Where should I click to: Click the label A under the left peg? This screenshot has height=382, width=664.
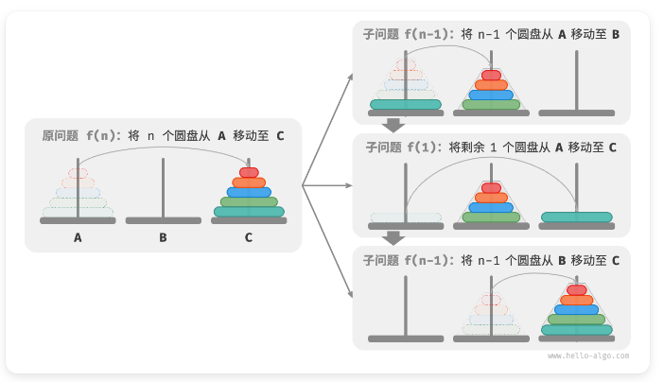[78, 238]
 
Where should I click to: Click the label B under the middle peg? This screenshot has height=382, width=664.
[163, 238]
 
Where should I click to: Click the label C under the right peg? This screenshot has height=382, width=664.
[249, 238]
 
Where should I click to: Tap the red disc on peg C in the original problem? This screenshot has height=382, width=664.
[249, 173]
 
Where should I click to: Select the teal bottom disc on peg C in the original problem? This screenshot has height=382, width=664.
[249, 212]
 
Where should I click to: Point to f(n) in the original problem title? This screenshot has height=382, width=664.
[103, 135]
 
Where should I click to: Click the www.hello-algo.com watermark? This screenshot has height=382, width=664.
[587, 356]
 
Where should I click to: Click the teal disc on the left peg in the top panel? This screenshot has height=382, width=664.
[406, 104]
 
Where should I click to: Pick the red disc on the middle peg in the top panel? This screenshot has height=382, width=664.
[491, 75]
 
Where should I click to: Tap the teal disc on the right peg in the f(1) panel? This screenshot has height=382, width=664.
[576, 217]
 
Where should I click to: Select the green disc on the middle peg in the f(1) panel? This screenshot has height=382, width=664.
[491, 217]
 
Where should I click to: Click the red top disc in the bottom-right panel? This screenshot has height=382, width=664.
[576, 289]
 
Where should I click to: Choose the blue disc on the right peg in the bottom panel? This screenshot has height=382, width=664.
[576, 309]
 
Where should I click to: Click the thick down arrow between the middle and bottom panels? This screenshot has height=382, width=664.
[394, 238]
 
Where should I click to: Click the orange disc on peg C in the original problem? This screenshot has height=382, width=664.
[249, 182]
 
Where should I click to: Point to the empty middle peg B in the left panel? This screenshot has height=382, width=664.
[163, 189]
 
